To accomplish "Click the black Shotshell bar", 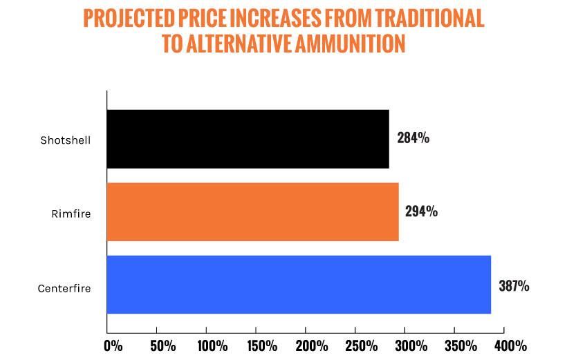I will tap(248, 139).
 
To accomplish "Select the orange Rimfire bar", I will tap(252, 212).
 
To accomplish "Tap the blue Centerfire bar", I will tap(299, 285).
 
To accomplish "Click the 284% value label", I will tap(413, 138).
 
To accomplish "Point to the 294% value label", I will tap(420, 211).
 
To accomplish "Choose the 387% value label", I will tap(513, 285).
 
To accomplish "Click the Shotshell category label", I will tap(66, 140).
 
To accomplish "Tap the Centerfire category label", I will tap(64, 287).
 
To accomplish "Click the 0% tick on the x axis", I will tap(113, 344).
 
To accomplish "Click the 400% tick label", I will tap(510, 344).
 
